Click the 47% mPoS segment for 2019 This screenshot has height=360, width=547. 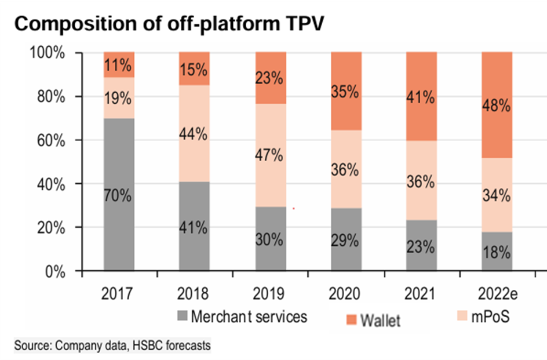tap(270, 155)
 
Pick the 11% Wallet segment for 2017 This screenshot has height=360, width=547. tap(119, 64)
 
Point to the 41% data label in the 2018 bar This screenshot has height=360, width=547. tap(194, 227)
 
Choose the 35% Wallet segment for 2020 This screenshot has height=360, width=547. tap(345, 91)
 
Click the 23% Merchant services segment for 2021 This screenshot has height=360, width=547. tap(421, 246)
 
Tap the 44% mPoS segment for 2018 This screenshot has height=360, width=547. tap(194, 133)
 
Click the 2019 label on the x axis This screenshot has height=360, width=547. tap(270, 293)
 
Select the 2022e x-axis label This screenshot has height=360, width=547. tap(497, 293)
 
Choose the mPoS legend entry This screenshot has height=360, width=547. tap(487, 317)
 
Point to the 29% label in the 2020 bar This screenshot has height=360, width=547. tap(345, 240)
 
